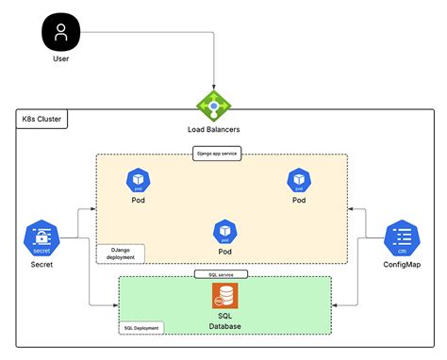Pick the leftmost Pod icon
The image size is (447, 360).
[138, 180]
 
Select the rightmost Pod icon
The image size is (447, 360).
[299, 180]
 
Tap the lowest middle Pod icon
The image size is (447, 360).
[224, 231]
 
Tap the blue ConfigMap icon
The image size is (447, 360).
[403, 238]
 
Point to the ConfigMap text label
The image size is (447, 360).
[403, 266]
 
